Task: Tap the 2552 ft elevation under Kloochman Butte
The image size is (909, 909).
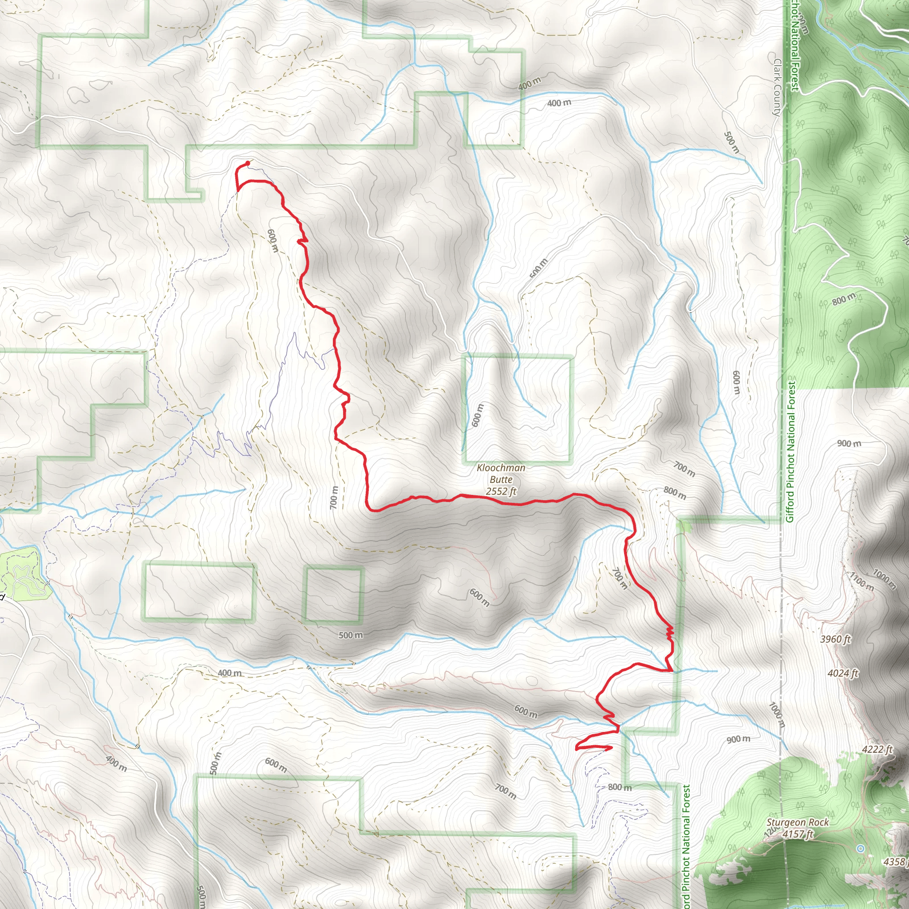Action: pyautogui.click(x=501, y=492)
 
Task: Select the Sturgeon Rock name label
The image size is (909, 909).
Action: pyautogui.click(x=798, y=822)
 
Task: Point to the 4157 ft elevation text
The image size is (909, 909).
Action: pyautogui.click(x=798, y=834)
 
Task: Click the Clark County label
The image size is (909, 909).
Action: pyautogui.click(x=777, y=87)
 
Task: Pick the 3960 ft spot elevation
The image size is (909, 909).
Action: pyautogui.click(x=835, y=639)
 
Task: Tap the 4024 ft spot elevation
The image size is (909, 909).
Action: pyautogui.click(x=843, y=673)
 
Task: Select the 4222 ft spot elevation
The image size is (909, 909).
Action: pyautogui.click(x=877, y=750)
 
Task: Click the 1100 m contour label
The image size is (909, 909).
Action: pyautogui.click(x=862, y=581)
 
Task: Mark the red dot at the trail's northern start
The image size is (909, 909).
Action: pyautogui.click(x=248, y=163)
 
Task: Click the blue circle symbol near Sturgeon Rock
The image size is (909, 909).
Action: pyautogui.click(x=861, y=848)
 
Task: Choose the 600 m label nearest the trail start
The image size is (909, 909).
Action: pyautogui.click(x=273, y=241)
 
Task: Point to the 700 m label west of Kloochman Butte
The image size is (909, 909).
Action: pyautogui.click(x=334, y=497)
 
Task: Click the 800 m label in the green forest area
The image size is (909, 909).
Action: pyautogui.click(x=844, y=299)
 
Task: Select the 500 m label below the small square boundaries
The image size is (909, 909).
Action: pyautogui.click(x=351, y=635)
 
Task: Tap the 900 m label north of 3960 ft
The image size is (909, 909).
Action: pyautogui.click(x=849, y=444)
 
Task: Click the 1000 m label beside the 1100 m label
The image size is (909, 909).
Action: pyautogui.click(x=884, y=579)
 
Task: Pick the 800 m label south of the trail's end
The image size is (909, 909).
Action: pyautogui.click(x=620, y=787)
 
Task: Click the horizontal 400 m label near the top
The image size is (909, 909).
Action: pyautogui.click(x=559, y=103)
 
